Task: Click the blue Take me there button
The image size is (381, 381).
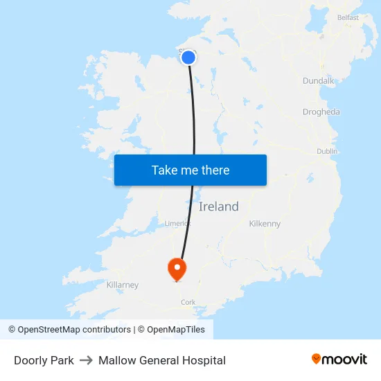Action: coord(190,170)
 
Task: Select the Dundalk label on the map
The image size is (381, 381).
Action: coord(318,80)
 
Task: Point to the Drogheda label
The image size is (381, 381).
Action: coord(321,112)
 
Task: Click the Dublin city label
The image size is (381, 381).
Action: coord(327,151)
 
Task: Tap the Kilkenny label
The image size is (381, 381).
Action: coord(265,224)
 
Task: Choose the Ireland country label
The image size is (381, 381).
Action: coord(218,206)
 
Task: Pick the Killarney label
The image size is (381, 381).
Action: coord(123,285)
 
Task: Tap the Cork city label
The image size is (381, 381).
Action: coord(188,302)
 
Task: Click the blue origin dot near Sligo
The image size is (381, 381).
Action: coord(188,57)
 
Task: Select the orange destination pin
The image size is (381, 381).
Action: coord(177,267)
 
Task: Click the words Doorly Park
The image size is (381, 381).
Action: coord(44,360)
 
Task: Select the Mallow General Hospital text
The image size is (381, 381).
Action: coord(162,360)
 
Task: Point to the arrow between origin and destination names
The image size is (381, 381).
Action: coord(86,360)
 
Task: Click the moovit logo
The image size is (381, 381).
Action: coord(339,359)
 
